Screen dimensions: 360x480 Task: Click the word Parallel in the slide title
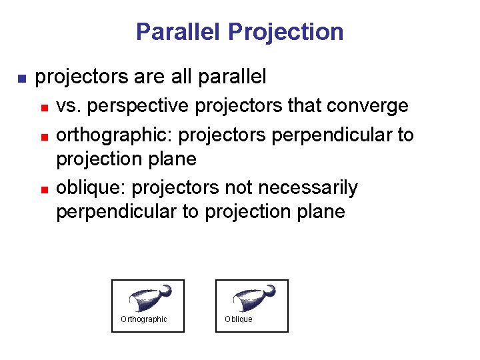[178, 31]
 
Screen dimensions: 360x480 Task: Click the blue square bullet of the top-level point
[20, 79]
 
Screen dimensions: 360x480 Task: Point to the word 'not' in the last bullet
[243, 188]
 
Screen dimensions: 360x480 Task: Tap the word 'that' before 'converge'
[303, 106]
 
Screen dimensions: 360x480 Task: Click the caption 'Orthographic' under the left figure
[143, 319]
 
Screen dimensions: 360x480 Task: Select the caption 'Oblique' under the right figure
[239, 319]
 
